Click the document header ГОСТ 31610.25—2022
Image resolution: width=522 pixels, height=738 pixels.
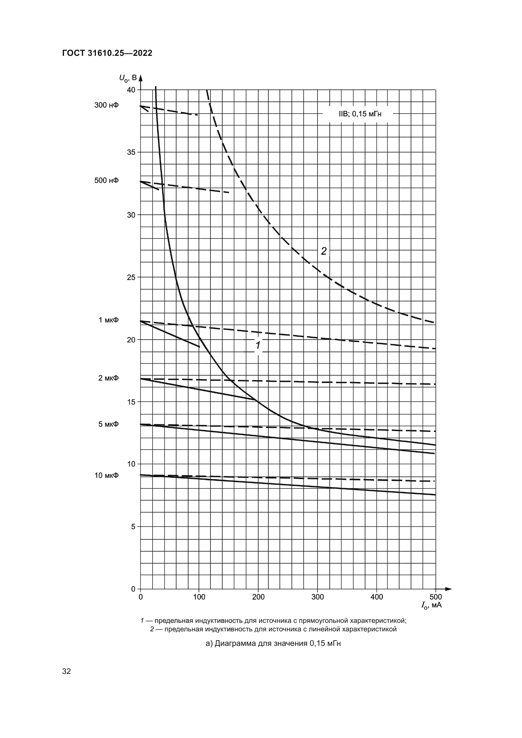(x=107, y=53)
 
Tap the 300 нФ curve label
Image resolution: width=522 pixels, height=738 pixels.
(x=106, y=105)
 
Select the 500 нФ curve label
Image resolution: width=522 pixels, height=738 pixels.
(x=106, y=180)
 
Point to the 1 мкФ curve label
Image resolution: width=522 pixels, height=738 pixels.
(x=108, y=320)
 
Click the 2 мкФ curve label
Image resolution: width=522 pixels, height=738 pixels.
(x=108, y=378)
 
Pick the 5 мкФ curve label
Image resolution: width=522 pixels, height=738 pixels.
(x=108, y=424)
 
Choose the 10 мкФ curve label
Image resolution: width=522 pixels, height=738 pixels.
(x=106, y=475)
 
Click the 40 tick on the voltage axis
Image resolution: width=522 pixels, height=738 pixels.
(x=131, y=90)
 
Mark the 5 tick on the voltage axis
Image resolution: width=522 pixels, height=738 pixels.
(x=133, y=527)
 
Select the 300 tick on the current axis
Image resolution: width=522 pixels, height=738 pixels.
(x=317, y=597)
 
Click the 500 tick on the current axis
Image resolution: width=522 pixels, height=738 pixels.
(x=436, y=597)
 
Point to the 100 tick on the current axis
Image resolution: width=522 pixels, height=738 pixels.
(x=199, y=597)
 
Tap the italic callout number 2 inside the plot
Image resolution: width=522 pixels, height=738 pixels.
(x=323, y=251)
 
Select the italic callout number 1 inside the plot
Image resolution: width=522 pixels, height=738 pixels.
(x=258, y=345)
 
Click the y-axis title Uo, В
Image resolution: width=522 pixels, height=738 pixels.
(x=128, y=78)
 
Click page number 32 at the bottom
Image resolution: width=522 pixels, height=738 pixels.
(x=67, y=671)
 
